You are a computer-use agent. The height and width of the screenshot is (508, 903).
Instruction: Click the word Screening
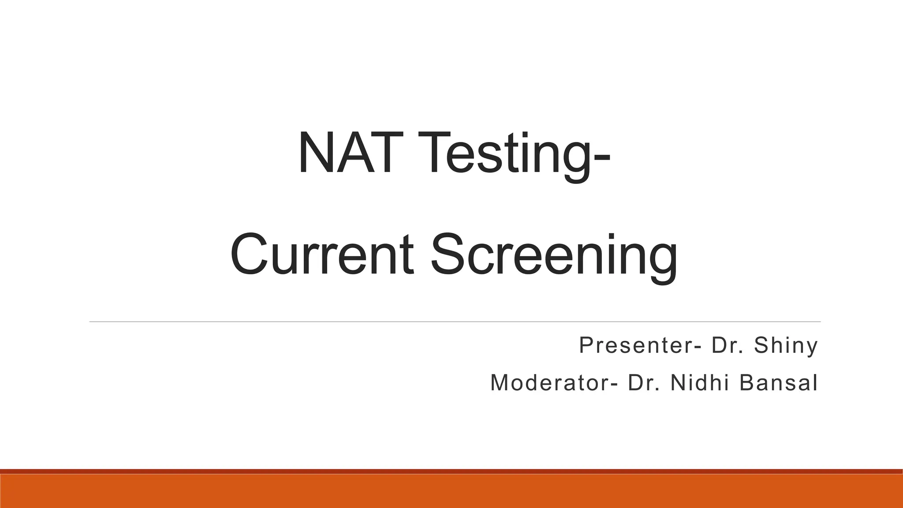553,256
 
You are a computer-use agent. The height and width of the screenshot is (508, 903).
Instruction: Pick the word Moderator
549,382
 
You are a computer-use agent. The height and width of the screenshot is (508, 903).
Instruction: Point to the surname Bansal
779,382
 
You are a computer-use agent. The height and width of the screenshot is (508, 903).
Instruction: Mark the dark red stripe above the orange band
451,471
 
